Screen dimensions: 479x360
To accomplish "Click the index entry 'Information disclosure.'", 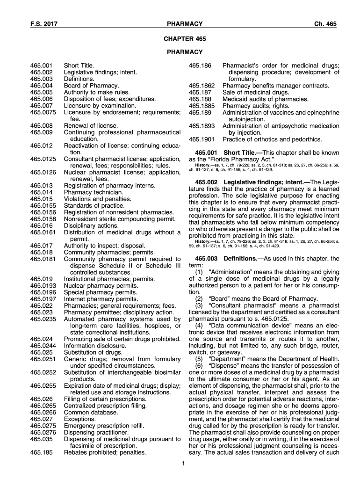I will click(94, 346).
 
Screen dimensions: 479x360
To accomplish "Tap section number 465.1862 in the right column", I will click(202, 86).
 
